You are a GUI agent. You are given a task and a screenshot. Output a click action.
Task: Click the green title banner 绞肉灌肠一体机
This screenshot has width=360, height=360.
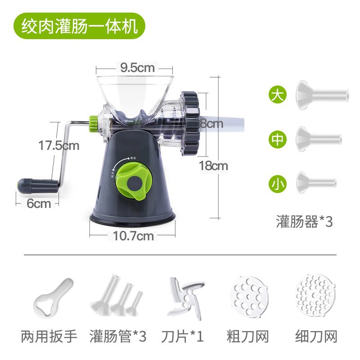click(79, 26)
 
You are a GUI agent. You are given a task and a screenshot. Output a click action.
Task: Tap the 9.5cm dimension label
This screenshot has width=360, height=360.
click(137, 68)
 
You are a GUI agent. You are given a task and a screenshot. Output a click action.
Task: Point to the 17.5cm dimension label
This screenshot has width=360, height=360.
click(58, 146)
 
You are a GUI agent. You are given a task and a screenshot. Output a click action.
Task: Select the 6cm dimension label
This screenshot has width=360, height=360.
click(39, 203)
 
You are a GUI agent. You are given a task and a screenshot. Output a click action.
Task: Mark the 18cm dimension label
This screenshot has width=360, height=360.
click(213, 166)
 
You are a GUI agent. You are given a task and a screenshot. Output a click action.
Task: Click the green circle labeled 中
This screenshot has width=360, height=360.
click(278, 139)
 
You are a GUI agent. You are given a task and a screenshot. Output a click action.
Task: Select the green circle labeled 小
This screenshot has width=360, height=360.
click(278, 183)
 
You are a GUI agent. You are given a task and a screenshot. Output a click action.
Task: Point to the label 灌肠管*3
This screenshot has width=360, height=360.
click(118, 336)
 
